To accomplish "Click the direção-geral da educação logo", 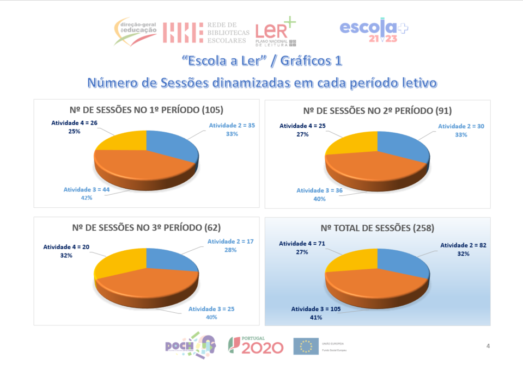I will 136,31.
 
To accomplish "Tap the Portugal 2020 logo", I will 256,345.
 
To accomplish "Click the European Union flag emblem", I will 306,346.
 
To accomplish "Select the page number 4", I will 488,345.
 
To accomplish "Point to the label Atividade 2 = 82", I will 464,245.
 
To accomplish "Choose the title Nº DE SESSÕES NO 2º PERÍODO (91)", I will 377,110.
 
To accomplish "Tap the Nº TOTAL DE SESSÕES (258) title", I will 377,227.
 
